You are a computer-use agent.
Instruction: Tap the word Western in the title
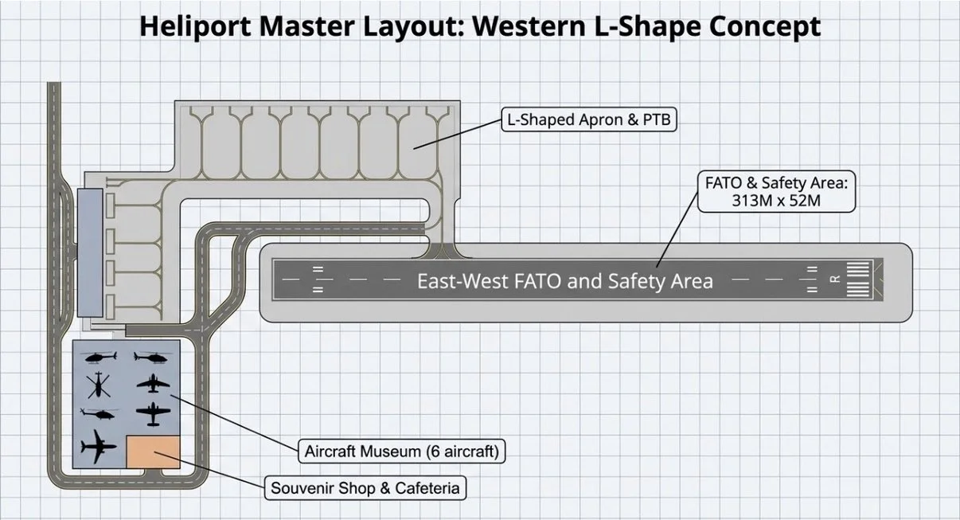[529, 25]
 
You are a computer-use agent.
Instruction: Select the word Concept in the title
[765, 26]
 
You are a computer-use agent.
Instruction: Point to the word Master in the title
[306, 25]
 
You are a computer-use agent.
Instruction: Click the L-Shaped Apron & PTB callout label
[589, 119]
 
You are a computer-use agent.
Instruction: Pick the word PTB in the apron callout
[657, 119]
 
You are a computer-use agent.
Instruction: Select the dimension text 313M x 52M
[776, 201]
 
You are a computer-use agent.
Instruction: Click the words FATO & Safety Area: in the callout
[776, 183]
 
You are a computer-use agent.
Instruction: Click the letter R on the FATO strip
[835, 279]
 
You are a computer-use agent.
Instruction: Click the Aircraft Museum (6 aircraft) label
[401, 451]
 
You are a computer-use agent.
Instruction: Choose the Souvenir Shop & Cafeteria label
[365, 488]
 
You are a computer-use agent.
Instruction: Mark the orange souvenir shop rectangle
[153, 452]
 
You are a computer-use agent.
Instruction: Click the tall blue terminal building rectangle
[90, 252]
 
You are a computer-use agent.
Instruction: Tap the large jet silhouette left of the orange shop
[98, 447]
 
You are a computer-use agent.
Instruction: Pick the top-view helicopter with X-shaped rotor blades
[99, 385]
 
